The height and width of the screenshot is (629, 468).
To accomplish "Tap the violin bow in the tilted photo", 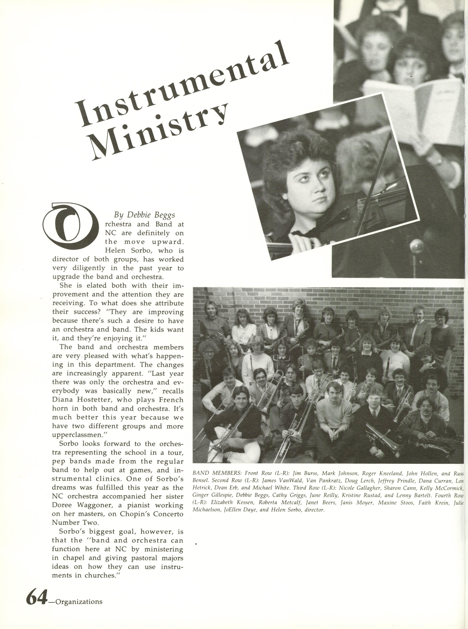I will click(377, 181).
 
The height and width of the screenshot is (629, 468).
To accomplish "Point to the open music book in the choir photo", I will click(414, 105).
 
